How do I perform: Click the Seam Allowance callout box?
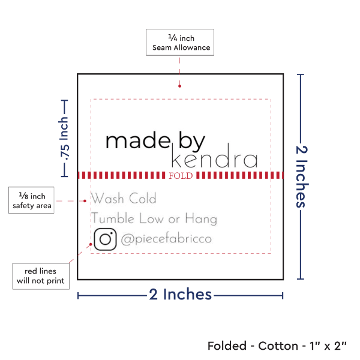click(179, 42)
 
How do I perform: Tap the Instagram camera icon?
click(105, 239)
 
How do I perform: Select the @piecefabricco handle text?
click(166, 239)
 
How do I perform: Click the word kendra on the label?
click(214, 160)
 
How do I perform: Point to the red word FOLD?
click(181, 176)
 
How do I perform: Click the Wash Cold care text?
click(124, 199)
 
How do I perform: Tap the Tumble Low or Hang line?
click(154, 219)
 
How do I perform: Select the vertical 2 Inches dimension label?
click(301, 175)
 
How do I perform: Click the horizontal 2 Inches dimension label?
click(180, 295)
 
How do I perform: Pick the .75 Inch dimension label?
click(64, 139)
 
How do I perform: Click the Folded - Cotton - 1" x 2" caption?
click(277, 346)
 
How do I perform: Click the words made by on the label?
click(155, 141)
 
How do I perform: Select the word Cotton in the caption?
click(278, 346)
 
